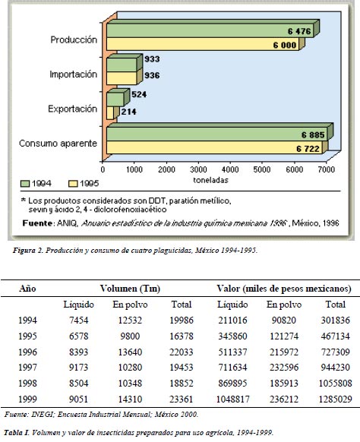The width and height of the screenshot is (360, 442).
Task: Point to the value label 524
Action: (x=139, y=94)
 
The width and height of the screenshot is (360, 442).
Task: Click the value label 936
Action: (x=152, y=75)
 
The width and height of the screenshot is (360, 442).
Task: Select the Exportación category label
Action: (x=72, y=109)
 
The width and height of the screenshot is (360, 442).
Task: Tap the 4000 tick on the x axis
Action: (x=230, y=169)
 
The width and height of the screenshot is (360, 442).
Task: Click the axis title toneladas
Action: (x=210, y=180)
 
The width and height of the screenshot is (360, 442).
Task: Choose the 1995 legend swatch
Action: (x=74, y=184)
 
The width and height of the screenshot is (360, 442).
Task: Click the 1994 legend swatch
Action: (x=25, y=184)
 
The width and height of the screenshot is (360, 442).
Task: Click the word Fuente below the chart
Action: (x=37, y=223)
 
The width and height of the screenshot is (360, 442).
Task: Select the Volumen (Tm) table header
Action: (x=130, y=289)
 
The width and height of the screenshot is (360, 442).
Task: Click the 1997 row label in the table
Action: (x=27, y=368)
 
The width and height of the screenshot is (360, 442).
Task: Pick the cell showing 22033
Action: (x=182, y=352)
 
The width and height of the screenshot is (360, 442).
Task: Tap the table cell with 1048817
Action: (x=233, y=399)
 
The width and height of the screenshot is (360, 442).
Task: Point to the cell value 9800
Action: (x=130, y=336)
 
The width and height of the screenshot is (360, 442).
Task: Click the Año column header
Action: (x=27, y=289)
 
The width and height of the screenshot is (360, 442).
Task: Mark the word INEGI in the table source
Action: (x=42, y=415)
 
